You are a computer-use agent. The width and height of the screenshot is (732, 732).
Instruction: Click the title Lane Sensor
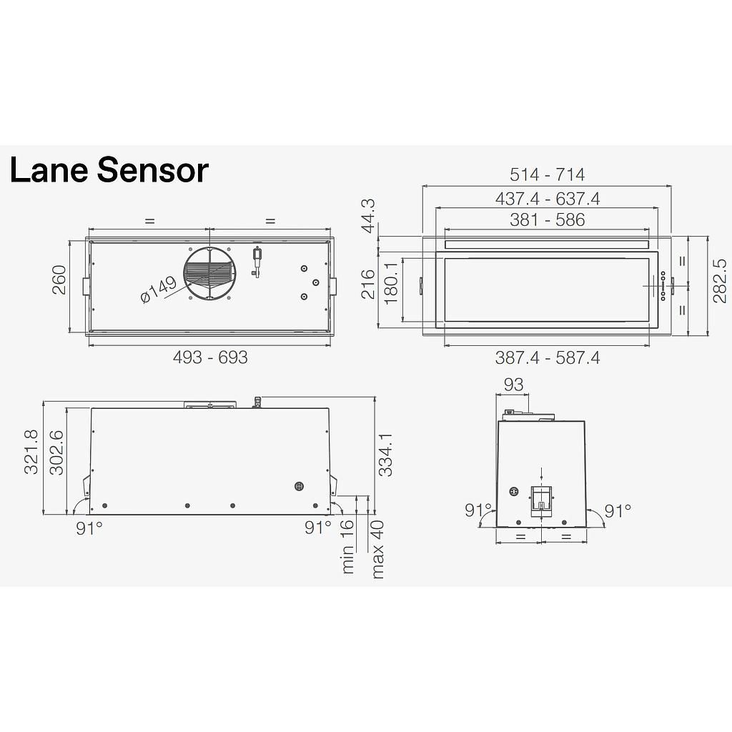click(x=109, y=171)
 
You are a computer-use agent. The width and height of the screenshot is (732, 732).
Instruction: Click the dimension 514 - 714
click(x=547, y=174)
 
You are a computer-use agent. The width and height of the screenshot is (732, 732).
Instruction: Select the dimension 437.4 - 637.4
click(x=547, y=198)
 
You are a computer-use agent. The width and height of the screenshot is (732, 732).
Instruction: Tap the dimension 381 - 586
click(x=547, y=220)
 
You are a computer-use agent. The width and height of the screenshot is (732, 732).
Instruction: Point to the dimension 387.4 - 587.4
click(x=547, y=357)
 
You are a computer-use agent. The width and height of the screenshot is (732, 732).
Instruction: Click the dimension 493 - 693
click(x=210, y=357)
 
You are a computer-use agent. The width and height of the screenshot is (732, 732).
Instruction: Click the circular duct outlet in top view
click(x=210, y=274)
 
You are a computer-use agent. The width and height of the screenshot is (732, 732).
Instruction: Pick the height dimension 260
click(x=59, y=280)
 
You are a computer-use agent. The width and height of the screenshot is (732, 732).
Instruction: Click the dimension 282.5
click(x=719, y=280)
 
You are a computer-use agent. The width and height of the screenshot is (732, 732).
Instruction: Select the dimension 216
click(x=368, y=284)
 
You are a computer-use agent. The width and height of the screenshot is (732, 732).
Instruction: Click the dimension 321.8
click(x=31, y=452)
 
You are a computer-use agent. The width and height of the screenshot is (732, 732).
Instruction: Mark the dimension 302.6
click(x=56, y=452)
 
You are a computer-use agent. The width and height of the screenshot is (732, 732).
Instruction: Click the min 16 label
click(x=347, y=546)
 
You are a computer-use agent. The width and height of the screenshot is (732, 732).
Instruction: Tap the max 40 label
click(x=377, y=548)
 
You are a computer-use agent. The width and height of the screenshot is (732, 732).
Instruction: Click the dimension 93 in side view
click(x=513, y=385)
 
